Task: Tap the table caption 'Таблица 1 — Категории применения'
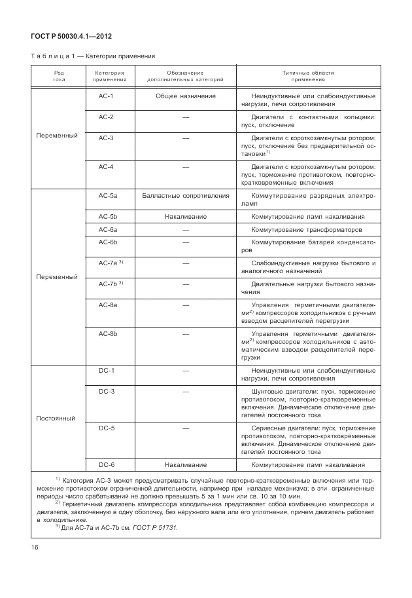click(x=93, y=57)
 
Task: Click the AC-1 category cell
click(x=106, y=96)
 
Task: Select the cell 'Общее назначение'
click(x=186, y=96)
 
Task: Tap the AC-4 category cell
click(x=106, y=167)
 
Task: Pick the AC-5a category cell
click(x=107, y=196)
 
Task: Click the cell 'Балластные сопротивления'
click(x=186, y=196)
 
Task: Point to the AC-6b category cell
click(x=107, y=243)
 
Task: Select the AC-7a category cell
click(x=107, y=263)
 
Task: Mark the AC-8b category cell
click(x=107, y=333)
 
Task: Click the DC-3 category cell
click(x=107, y=391)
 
